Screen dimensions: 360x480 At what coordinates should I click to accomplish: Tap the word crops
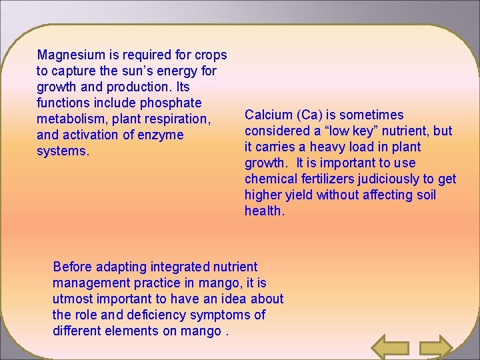(211, 55)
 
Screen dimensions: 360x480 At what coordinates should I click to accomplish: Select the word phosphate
(171, 103)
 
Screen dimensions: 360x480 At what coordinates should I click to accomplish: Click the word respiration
(179, 119)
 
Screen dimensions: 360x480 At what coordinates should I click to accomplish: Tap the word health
(264, 211)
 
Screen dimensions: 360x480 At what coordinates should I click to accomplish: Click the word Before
(72, 267)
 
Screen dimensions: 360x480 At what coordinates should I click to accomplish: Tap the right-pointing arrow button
(437, 347)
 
